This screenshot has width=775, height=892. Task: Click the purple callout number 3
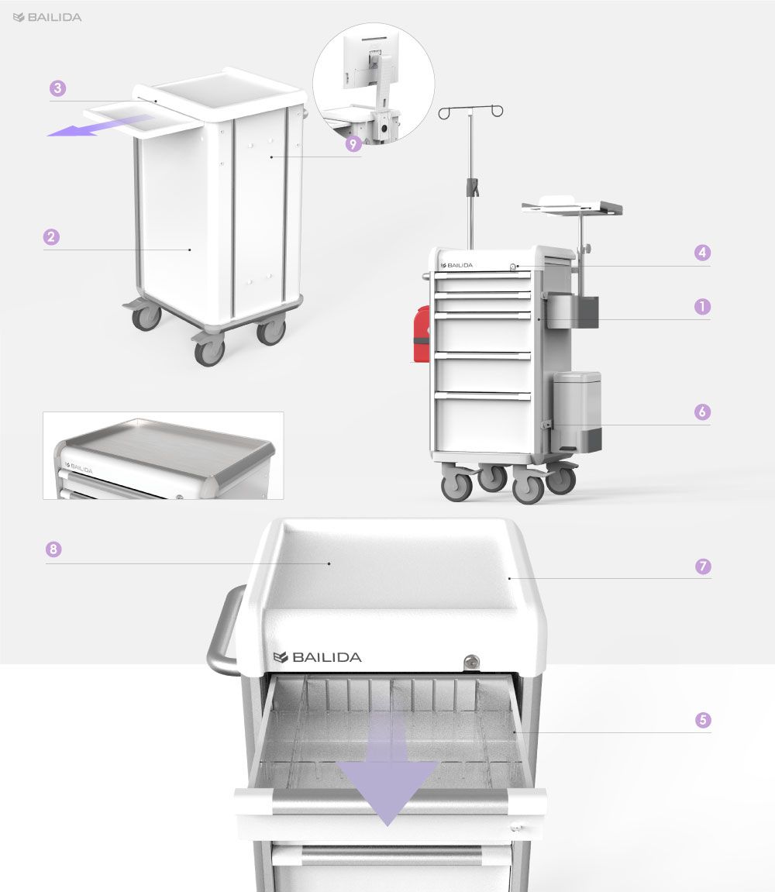click(x=57, y=88)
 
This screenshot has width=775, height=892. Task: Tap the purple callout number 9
click(x=353, y=144)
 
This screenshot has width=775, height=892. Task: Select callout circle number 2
click(x=51, y=236)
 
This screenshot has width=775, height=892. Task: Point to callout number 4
click(x=702, y=253)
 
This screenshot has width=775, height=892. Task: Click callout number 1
click(x=702, y=307)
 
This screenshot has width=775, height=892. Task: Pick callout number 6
click(x=702, y=412)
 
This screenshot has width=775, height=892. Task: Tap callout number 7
click(x=703, y=566)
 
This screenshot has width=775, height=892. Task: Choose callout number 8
click(x=53, y=549)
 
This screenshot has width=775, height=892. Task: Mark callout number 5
click(x=703, y=720)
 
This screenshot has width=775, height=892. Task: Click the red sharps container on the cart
click(x=421, y=334)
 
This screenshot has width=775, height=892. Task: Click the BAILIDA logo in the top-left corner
click(x=47, y=18)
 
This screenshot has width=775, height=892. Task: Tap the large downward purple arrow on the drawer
click(x=387, y=768)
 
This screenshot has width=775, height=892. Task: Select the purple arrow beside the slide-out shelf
click(x=99, y=126)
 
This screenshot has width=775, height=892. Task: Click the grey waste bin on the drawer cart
click(x=577, y=412)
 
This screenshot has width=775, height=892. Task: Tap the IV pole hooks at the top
click(x=470, y=111)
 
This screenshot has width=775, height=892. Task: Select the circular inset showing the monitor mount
click(x=374, y=83)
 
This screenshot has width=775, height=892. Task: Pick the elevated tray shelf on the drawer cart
click(x=572, y=206)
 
